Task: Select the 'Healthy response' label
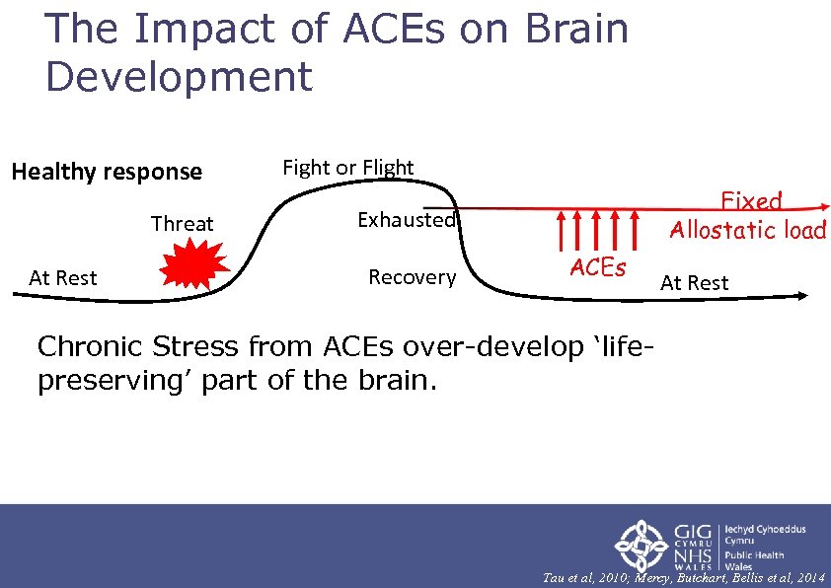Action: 107,172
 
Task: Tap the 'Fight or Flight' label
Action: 348,168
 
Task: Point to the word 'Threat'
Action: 182,224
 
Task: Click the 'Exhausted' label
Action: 407,220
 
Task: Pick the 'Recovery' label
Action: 412,277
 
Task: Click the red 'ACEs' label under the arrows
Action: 597,267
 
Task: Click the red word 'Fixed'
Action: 751,202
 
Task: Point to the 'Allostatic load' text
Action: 747,230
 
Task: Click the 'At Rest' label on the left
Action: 63,278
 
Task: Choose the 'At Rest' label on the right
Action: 694,283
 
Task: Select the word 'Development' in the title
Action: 179,77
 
